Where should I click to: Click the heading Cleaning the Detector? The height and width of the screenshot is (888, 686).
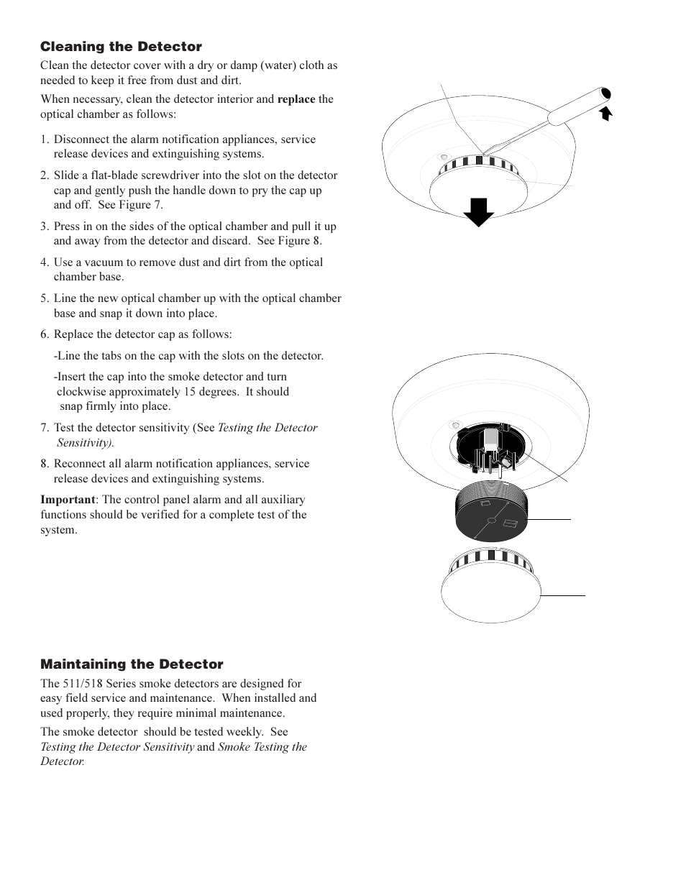121,47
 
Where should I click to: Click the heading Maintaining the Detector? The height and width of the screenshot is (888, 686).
132,664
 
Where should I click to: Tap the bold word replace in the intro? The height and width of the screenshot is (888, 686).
296,99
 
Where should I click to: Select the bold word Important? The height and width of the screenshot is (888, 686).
68,500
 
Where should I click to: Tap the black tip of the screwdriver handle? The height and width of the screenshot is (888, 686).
605,93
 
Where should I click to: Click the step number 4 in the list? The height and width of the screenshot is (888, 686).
44,262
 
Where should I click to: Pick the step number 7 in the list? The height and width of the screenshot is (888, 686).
44,428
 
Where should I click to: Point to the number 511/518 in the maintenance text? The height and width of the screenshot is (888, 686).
87,684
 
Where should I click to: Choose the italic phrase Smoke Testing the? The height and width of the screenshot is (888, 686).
262,747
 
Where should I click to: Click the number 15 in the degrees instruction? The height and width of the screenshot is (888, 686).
218,392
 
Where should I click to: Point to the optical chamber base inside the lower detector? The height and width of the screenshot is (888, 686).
490,449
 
